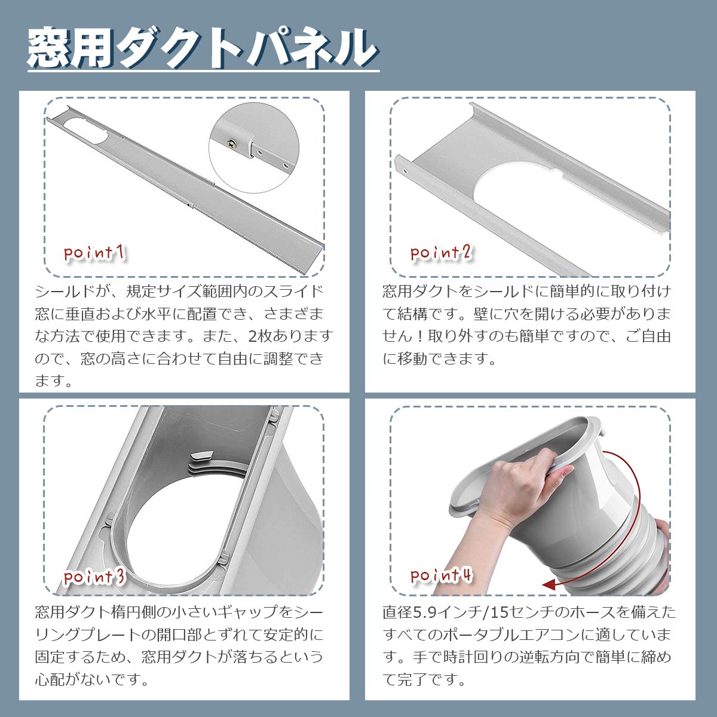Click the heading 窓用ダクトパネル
[203, 48]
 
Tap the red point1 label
[94, 253]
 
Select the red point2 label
[441, 253]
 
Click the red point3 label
[94, 577]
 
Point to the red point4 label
[441, 575]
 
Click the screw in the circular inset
[232, 143]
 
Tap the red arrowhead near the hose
[550, 584]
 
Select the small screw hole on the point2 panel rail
[405, 171]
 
